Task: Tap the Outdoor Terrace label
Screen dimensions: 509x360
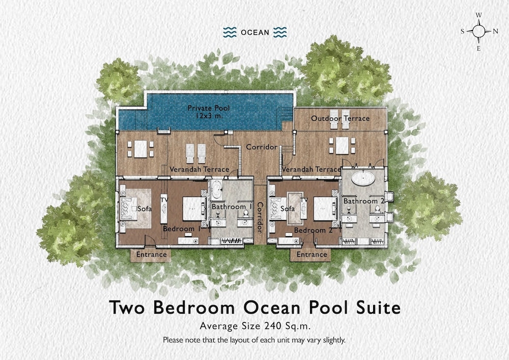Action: tap(340, 119)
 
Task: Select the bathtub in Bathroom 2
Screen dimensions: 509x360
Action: tap(363, 178)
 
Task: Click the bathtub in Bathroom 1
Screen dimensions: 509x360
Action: tap(216, 189)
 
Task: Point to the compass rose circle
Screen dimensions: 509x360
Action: tap(478, 32)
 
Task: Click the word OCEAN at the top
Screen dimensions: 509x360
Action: tap(255, 33)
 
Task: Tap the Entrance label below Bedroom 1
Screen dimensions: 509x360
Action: tap(151, 255)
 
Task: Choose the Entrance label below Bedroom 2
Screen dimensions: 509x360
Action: tap(312, 255)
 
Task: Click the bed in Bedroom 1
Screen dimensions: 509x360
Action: tap(194, 208)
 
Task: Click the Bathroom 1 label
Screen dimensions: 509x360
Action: tap(232, 207)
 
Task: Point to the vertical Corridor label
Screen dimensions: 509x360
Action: tap(260, 217)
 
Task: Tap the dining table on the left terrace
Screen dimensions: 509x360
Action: tap(140, 149)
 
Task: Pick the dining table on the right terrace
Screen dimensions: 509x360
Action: tap(342, 146)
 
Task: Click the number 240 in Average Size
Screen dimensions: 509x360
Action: tap(273, 325)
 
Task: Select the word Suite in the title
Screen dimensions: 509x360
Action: tap(379, 307)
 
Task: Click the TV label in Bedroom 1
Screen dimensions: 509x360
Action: tap(164, 200)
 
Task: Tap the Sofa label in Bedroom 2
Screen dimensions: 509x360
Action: tap(288, 209)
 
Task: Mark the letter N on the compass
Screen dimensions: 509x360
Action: tap(495, 32)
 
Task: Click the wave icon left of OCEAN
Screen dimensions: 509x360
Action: tap(230, 32)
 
